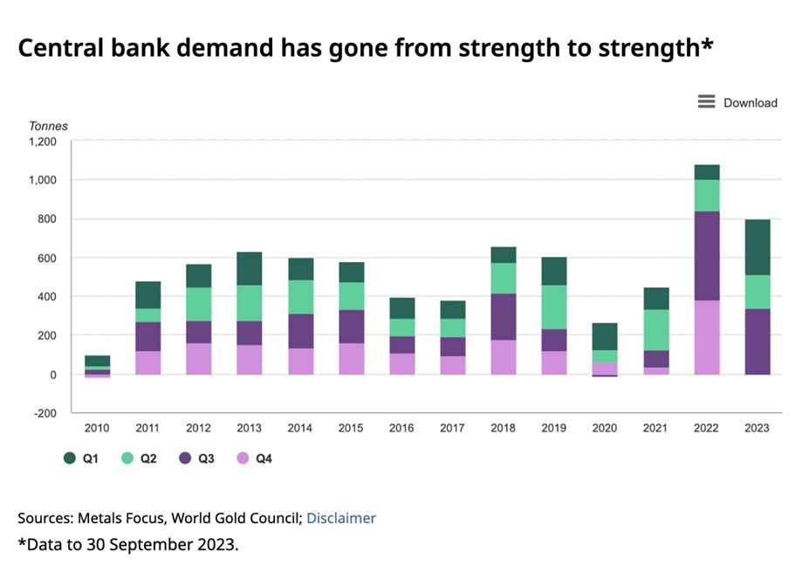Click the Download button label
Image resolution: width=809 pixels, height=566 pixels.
pos(750,103)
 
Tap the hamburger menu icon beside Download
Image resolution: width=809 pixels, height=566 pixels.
pos(706,102)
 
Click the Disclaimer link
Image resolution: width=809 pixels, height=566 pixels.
pos(341,518)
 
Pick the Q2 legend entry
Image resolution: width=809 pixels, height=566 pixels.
pos(141,458)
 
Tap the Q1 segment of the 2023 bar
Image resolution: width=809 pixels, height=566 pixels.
pos(757,247)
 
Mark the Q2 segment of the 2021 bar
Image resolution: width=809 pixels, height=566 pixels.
pos(655,329)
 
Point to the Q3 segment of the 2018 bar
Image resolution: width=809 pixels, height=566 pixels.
pos(504,317)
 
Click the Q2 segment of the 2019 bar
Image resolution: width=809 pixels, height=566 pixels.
pos(554,307)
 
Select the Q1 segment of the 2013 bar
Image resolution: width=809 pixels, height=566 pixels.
pos(250,268)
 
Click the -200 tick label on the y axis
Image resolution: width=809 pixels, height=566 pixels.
pos(44,413)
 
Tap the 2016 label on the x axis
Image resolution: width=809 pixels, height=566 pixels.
pos(402,428)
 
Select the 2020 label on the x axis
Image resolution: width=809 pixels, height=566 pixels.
pos(605,428)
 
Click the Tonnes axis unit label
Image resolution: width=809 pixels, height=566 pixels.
pos(48,127)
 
